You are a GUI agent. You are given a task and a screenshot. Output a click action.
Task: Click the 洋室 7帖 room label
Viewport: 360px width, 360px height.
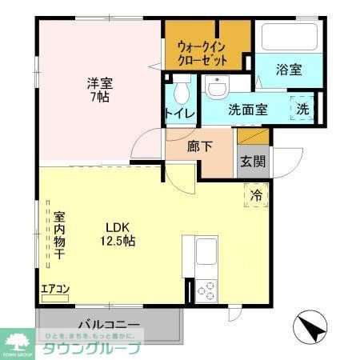click(99, 89)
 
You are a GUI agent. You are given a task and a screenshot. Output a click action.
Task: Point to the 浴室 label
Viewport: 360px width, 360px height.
click(289, 70)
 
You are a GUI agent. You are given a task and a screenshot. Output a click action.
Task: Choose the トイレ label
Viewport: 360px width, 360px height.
click(180, 113)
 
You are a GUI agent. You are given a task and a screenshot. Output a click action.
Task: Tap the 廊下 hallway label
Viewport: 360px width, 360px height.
click(199, 147)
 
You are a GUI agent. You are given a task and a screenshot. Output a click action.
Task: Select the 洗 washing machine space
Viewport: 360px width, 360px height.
click(304, 108)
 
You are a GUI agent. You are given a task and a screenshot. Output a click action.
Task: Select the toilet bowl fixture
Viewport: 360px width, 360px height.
click(180, 86)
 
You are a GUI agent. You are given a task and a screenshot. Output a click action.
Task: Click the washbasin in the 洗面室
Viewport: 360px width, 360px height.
click(215, 86)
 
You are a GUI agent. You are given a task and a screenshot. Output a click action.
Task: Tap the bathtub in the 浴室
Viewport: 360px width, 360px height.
click(288, 35)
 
